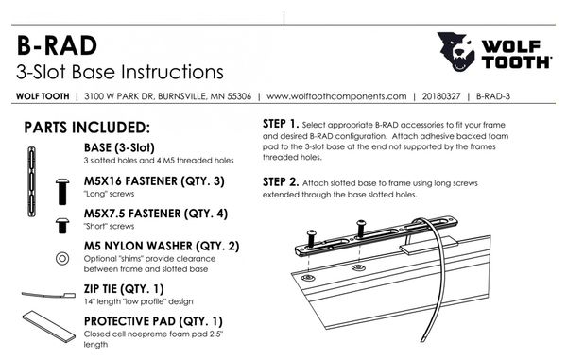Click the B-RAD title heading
[57, 46]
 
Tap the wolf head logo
[455, 51]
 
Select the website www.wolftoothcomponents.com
[336, 96]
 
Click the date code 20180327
[441, 96]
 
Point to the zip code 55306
[239, 96]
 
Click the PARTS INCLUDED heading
[87, 128]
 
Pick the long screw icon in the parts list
[62, 192]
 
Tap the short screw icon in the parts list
[62, 225]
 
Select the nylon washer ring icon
[62, 259]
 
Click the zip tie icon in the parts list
[48, 295]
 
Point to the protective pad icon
[49, 326]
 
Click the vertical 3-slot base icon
[32, 181]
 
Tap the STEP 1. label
[281, 124]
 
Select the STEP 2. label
[281, 182]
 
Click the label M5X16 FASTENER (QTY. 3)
[154, 181]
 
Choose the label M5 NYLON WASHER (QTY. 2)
[162, 247]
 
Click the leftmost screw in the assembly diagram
[312, 238]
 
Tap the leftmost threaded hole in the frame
[308, 278]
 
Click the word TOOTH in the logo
[516, 62]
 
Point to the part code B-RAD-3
[493, 96]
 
